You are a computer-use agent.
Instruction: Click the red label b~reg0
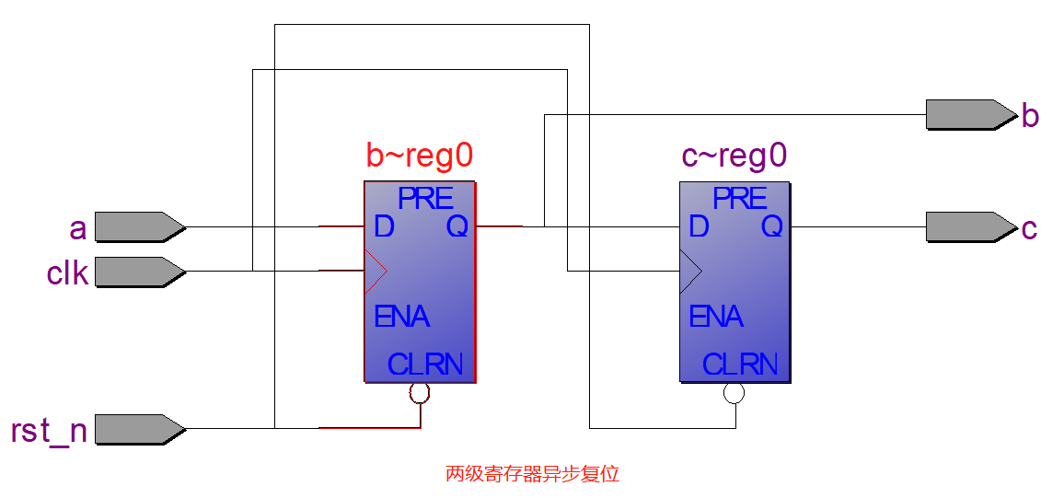(x=420, y=156)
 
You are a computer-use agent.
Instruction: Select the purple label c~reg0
(x=734, y=156)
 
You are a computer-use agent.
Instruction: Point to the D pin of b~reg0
(x=384, y=226)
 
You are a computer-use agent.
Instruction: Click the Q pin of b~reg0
(x=457, y=226)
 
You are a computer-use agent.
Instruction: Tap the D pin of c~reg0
(x=699, y=226)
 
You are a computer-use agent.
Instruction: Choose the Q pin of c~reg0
(x=771, y=226)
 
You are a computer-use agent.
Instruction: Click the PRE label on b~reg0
(x=425, y=198)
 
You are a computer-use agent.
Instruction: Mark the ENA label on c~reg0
(x=716, y=317)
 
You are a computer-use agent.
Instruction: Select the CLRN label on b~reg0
(x=425, y=365)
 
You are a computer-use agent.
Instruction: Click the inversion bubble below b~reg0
(x=420, y=393)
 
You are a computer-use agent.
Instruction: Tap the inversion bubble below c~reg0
(x=734, y=393)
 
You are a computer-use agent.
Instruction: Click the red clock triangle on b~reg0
(x=376, y=271)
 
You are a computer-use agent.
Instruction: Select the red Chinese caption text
(x=532, y=474)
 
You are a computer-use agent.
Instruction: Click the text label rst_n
(x=49, y=431)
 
